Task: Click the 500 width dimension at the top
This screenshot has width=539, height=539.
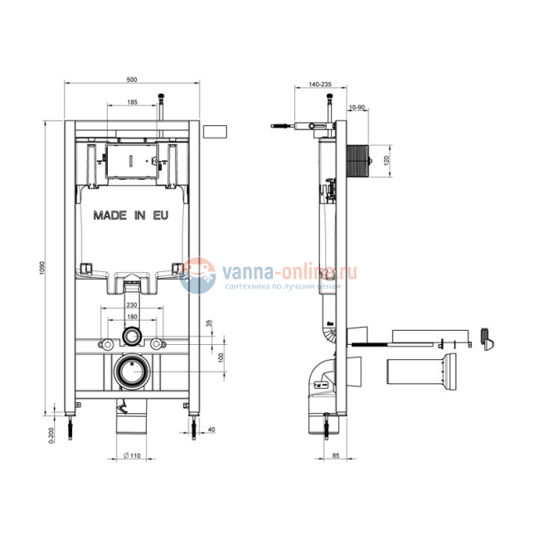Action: (x=131, y=79)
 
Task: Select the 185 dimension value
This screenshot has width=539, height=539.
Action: (x=133, y=101)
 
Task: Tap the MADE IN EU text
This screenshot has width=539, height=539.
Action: (x=132, y=215)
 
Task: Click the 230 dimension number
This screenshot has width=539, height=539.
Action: (x=132, y=304)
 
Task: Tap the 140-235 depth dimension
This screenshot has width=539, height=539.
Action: (x=319, y=85)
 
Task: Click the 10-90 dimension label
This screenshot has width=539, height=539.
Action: (x=357, y=107)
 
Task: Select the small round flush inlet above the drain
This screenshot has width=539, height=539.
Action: (x=132, y=337)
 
